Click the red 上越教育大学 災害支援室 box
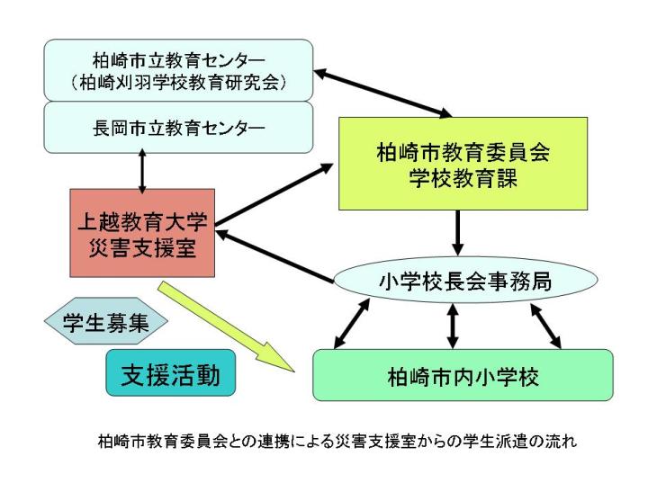pos(142,233)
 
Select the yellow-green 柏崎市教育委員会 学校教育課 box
pos(463,164)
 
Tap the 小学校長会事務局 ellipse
pos(465,280)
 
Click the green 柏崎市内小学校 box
pos(463,375)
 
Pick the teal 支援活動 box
pos(170,372)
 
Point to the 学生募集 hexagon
pos(106,321)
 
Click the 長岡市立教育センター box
pos(178,128)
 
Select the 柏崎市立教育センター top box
pos(178,70)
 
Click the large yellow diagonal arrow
pos(226,327)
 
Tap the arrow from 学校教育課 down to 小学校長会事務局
pos(457,233)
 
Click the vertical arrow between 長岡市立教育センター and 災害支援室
pos(142,171)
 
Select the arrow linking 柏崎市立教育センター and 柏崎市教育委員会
pos(382,94)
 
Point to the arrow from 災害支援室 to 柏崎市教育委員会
pos(274,194)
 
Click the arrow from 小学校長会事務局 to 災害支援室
pos(274,256)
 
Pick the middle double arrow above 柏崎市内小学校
pos(452,327)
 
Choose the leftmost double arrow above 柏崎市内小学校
pos(352,323)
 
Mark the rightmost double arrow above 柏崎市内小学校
pos(545,327)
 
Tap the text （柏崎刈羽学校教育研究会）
pos(178,82)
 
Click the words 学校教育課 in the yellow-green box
pos(463,178)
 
